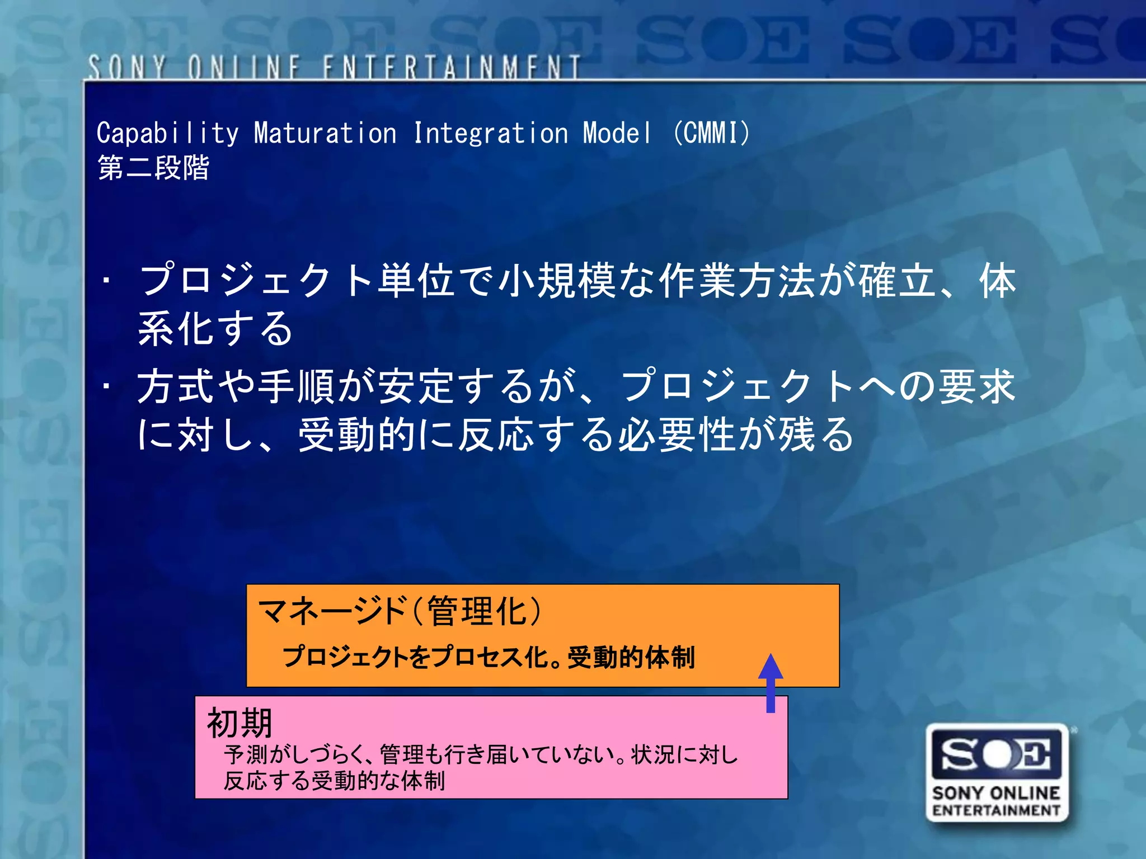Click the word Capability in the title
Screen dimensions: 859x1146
(x=167, y=134)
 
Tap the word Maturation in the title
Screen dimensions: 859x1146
(x=325, y=134)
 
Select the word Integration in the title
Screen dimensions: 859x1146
(x=491, y=134)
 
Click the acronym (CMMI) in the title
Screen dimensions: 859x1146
(x=711, y=133)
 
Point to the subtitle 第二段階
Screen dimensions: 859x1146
(x=153, y=167)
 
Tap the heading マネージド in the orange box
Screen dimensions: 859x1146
(x=332, y=611)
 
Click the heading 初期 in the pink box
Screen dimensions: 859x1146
(x=239, y=723)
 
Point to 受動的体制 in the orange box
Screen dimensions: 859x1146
(x=631, y=657)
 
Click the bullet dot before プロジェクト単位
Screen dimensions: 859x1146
(x=106, y=280)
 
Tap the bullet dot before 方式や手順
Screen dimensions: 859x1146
(x=106, y=386)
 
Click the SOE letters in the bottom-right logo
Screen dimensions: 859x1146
(x=997, y=753)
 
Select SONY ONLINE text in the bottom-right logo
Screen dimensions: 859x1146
(x=997, y=793)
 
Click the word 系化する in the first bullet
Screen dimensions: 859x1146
(x=215, y=328)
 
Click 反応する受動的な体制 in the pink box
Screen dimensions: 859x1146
(x=335, y=781)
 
